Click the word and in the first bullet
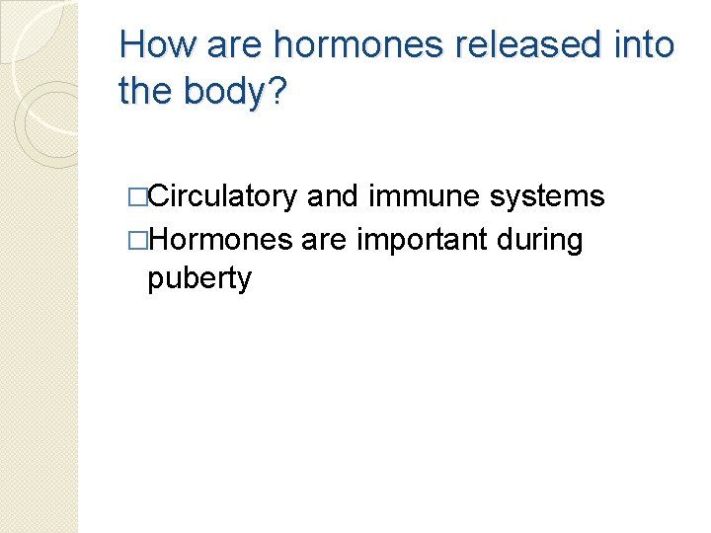[332, 196]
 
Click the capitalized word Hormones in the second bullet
[219, 239]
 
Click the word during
[542, 239]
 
